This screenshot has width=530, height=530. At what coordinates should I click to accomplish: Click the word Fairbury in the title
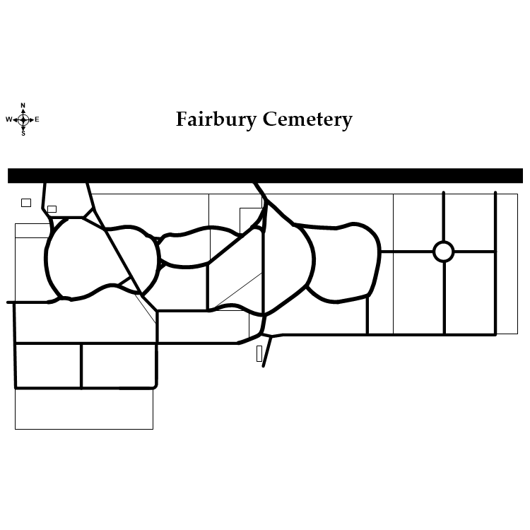point(216,119)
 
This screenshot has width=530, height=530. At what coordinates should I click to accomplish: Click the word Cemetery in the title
point(307,119)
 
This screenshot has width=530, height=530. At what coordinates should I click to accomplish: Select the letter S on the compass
point(23,134)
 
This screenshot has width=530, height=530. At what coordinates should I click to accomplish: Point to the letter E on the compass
point(37,119)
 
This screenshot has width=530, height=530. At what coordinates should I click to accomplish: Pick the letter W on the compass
point(9,119)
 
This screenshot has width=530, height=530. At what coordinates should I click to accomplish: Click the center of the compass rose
point(23,119)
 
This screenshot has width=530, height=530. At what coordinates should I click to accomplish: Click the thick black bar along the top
point(265,175)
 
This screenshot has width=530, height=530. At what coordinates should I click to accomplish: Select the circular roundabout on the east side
point(443,252)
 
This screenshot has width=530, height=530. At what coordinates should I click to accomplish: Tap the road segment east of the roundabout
point(474,252)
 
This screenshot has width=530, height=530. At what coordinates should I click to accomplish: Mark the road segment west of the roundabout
point(406,252)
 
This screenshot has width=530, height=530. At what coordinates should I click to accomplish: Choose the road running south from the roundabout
point(444,297)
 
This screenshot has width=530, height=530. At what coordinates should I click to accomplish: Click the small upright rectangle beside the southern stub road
point(259,353)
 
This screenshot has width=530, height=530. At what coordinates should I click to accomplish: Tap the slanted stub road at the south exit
point(267,353)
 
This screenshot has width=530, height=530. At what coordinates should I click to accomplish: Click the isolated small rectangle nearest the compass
point(26,203)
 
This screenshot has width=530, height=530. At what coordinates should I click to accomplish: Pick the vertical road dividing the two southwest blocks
point(81,365)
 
